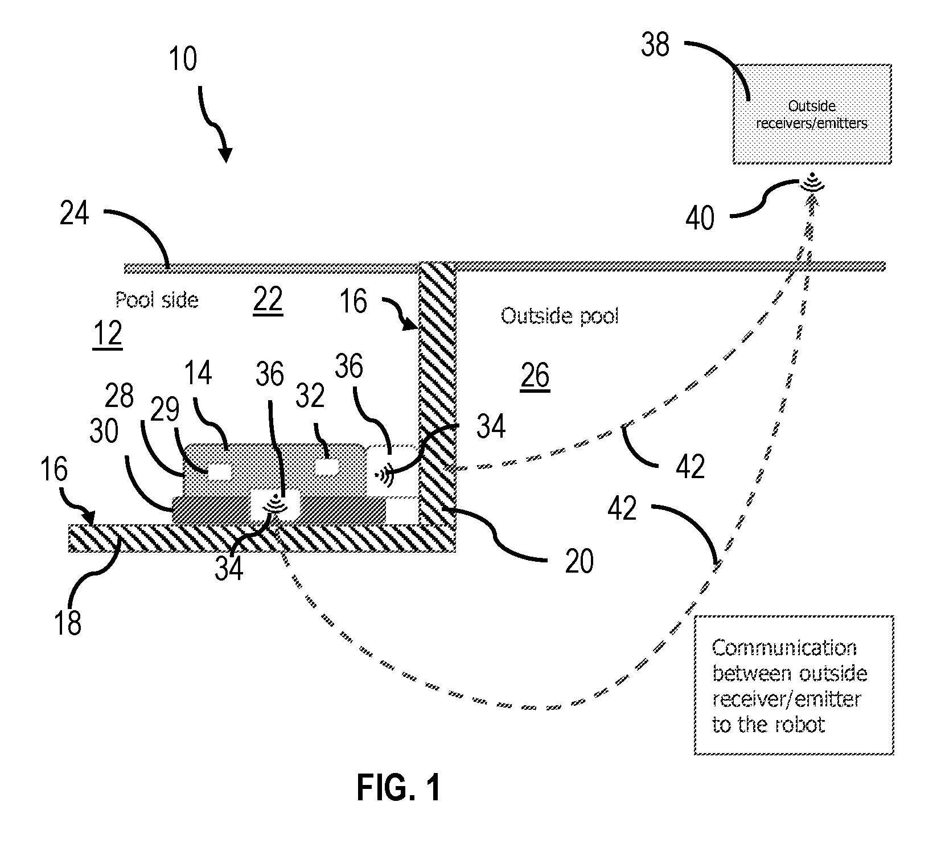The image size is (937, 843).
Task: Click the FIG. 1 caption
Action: pos(398,788)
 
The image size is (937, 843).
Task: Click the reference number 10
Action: pos(182,59)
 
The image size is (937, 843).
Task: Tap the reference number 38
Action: pos(655,44)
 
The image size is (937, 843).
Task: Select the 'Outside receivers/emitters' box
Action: pos(812,114)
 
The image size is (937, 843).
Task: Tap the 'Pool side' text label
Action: pos(157,299)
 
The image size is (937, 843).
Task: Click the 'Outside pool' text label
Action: pos(560,315)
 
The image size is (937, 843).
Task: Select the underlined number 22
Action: pos(268,300)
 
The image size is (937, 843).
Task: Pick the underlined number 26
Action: pos(535,376)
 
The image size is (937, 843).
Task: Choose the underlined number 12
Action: pos(107,334)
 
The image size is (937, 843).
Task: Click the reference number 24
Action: pos(75,215)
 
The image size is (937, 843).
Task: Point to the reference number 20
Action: pos(579,561)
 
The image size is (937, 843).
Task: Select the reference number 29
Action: pos(165,410)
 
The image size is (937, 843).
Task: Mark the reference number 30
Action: pos(104,432)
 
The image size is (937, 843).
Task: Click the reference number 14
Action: pos(198,373)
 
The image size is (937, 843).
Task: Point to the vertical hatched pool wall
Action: pos(437,406)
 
